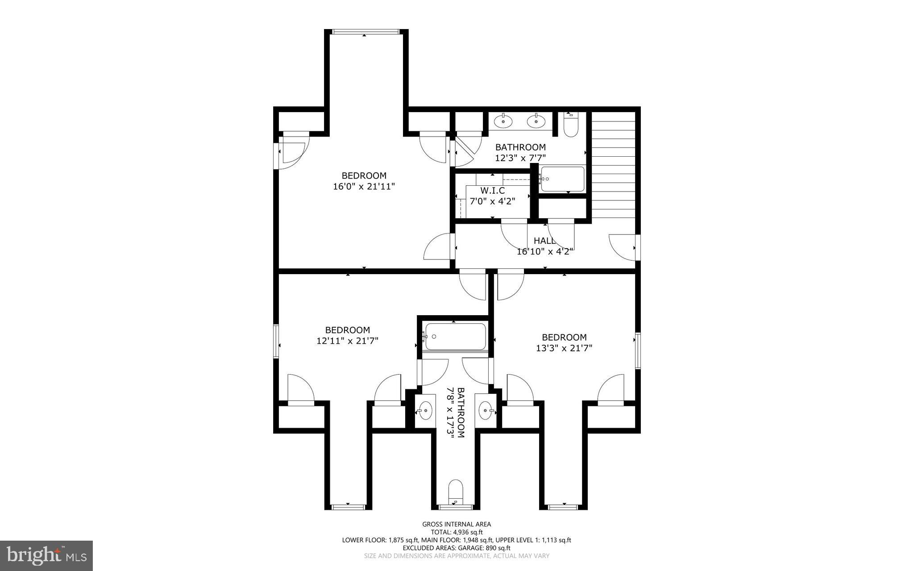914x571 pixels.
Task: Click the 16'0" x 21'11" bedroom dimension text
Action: point(364,187)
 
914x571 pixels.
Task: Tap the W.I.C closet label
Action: point(493,191)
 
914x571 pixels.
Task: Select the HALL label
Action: point(544,241)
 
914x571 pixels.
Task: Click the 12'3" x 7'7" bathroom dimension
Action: point(520,158)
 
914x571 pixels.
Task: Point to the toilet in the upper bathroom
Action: point(571,125)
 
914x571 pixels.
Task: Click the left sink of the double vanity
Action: point(503,121)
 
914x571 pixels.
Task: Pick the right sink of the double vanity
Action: point(536,121)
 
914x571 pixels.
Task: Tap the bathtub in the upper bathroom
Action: point(562,179)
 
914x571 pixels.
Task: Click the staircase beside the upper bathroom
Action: point(613,165)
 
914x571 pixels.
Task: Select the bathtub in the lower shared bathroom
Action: point(455,337)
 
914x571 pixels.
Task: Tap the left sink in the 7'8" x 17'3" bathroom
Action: point(425,409)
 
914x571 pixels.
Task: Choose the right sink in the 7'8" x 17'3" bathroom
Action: point(486,409)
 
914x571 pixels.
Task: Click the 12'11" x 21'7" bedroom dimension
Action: point(348,341)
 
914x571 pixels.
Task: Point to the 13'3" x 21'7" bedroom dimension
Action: point(564,348)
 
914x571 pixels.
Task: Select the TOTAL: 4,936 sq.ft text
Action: point(457,532)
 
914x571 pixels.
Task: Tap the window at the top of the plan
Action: point(366,32)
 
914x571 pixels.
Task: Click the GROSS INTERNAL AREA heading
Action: point(457,524)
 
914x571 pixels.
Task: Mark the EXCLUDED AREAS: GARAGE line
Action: point(457,548)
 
